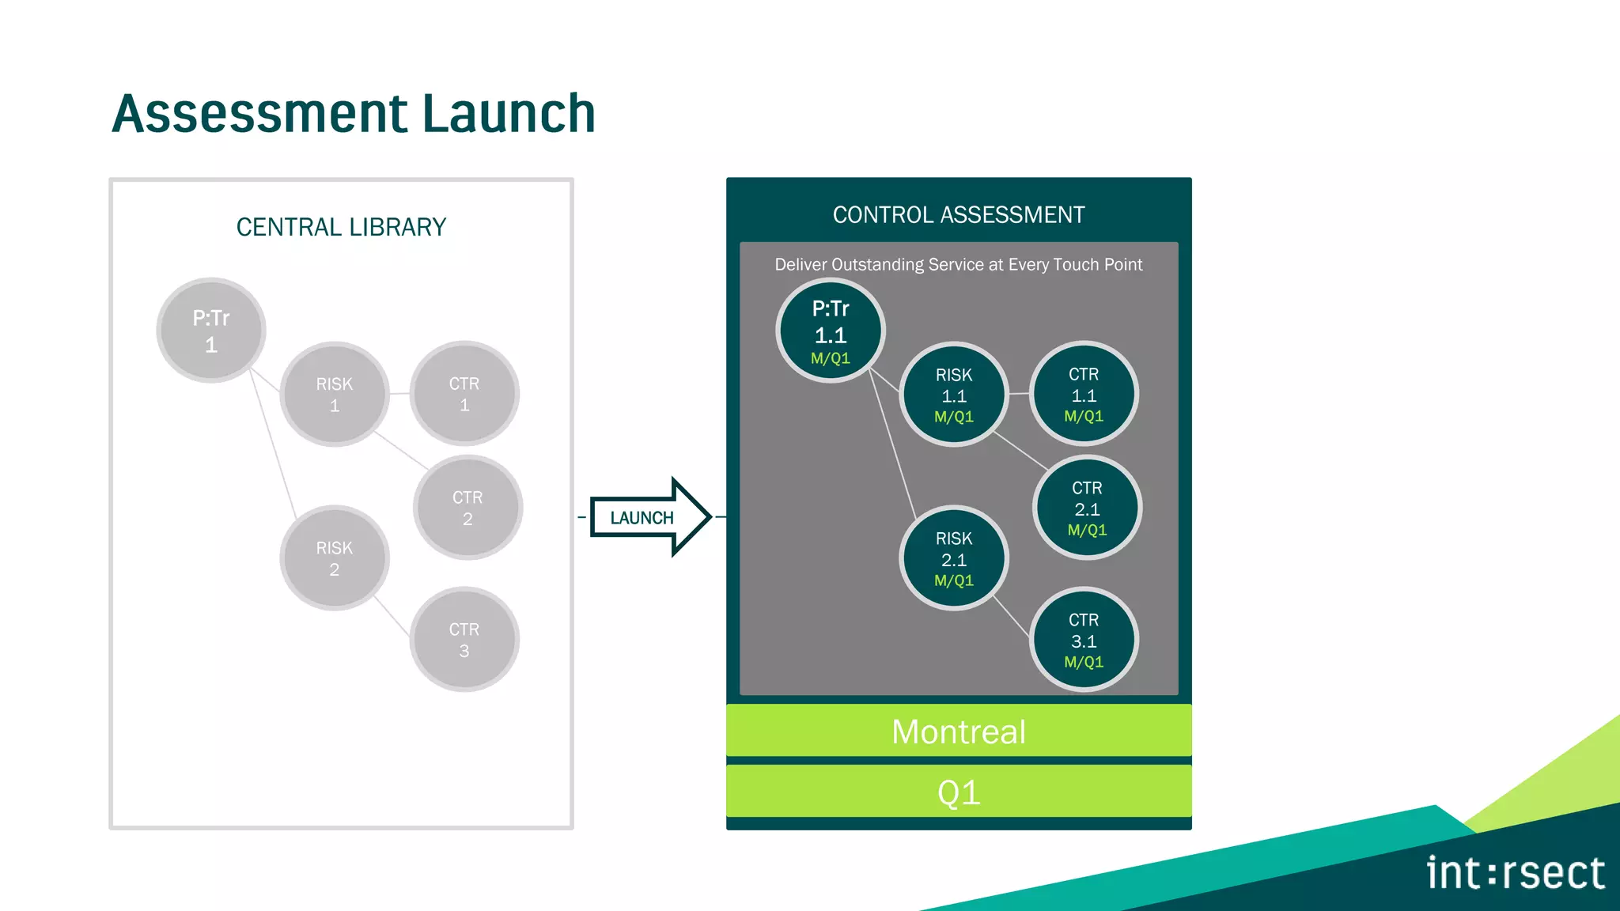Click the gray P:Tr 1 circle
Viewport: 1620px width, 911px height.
(x=210, y=331)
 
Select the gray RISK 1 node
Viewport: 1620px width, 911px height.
(x=334, y=394)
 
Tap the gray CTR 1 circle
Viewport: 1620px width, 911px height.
(x=464, y=394)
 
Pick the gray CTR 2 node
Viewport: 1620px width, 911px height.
(x=467, y=508)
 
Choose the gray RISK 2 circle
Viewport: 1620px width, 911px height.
(x=334, y=558)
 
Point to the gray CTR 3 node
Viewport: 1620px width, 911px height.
(x=464, y=640)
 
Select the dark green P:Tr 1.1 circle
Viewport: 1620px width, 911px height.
(x=830, y=331)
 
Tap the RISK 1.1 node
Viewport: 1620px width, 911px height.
(x=953, y=394)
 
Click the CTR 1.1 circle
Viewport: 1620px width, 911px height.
(x=1084, y=394)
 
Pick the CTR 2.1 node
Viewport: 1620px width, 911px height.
(x=1087, y=508)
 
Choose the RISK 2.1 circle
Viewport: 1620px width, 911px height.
(x=953, y=558)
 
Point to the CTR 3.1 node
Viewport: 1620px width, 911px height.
(x=1084, y=640)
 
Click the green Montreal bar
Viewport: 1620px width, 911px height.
(x=959, y=731)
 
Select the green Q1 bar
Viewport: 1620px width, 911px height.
(x=959, y=792)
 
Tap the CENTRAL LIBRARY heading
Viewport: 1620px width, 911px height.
(x=341, y=227)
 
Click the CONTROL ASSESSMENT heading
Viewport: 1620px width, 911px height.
(x=959, y=214)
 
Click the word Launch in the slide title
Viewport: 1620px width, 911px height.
(x=509, y=114)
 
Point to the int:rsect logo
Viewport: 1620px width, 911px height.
(x=1515, y=873)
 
